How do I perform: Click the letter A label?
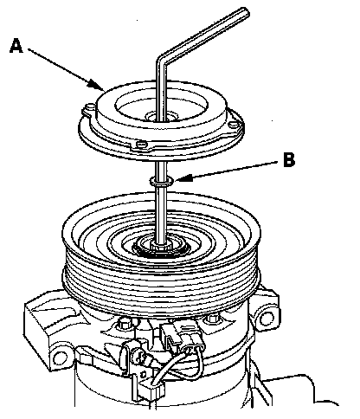16,47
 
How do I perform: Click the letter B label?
289,159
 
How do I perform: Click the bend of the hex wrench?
162,58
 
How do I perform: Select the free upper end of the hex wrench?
245,12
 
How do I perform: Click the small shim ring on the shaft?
162,182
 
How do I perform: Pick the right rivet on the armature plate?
233,125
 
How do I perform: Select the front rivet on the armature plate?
141,144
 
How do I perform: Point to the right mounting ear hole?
266,319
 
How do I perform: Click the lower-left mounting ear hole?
60,358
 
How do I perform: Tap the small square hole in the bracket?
143,375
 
